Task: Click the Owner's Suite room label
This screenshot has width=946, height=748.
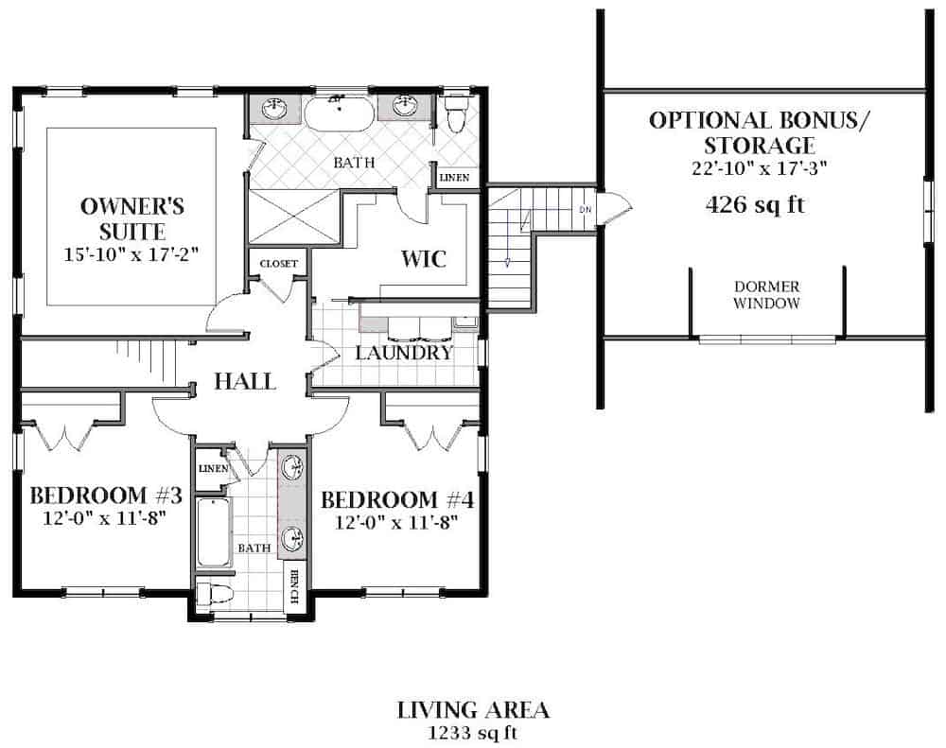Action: (131, 217)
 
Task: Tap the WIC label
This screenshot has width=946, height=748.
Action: (423, 258)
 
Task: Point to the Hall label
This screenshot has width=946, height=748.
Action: (244, 382)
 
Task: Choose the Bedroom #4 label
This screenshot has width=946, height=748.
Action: (397, 499)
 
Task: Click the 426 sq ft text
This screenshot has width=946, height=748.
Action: (755, 205)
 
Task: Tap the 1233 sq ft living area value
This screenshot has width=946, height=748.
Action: (473, 731)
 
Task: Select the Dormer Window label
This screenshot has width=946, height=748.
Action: (766, 294)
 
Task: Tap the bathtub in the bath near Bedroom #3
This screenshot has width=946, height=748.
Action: (213, 534)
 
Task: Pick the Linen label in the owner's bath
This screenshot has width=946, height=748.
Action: (454, 177)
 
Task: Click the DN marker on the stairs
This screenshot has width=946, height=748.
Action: (587, 210)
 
